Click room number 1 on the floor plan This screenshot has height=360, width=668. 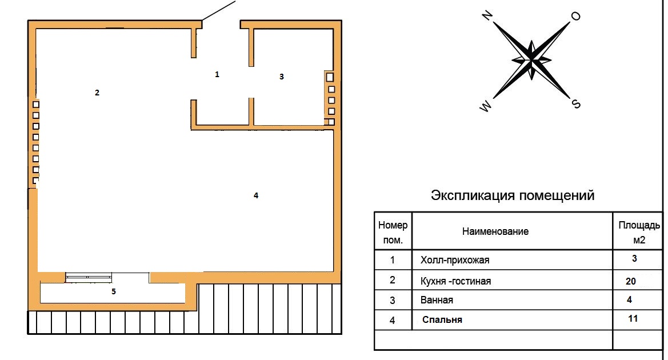pos(217,74)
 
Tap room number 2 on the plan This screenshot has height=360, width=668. pos(97,93)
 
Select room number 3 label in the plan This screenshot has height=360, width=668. pos(282,77)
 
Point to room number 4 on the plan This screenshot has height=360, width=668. pos(256,195)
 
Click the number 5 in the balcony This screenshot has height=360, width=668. pos(114,291)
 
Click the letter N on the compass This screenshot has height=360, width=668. pos(487,16)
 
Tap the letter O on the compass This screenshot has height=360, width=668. pos(575,16)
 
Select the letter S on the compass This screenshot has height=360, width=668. pos(576,103)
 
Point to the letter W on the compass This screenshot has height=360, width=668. pos(486,106)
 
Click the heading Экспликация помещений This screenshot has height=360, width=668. pos(513,195)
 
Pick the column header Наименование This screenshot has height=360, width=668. pos(495,231)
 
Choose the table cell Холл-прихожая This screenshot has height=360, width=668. pos(455,260)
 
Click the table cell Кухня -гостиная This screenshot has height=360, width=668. pos(456,281)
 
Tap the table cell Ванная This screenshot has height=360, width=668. pos(437,300)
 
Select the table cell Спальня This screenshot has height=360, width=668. pos(442,319)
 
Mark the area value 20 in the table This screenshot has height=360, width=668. pos(631,281)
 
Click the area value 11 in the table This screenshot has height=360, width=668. pos(633,318)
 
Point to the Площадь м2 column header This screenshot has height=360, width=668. pos(639,232)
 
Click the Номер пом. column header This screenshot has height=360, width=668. pos(393,232)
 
